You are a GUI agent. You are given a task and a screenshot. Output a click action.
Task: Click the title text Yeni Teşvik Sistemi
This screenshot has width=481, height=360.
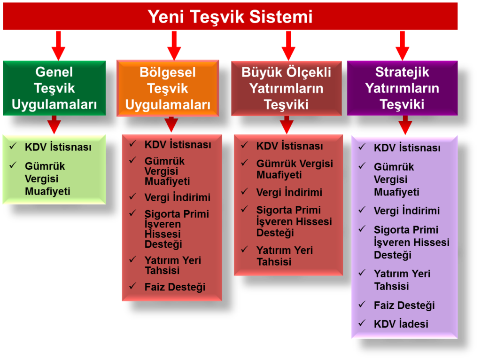tap(230, 16)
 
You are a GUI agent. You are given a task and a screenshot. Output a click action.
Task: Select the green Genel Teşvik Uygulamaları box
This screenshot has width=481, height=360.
tap(54, 88)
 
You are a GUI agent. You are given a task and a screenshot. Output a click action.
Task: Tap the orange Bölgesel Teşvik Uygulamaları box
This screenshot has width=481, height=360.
tap(168, 88)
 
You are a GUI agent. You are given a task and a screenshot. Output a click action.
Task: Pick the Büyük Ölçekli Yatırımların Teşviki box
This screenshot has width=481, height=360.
tap(286, 88)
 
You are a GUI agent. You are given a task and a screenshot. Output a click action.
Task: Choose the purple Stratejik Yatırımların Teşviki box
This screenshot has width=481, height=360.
tap(402, 88)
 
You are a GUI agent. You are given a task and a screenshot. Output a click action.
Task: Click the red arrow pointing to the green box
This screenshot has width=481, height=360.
tap(58, 46)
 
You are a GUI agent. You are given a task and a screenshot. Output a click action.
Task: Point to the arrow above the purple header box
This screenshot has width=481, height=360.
tap(402, 46)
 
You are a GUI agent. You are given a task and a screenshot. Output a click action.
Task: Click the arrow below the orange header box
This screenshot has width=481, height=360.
tap(171, 124)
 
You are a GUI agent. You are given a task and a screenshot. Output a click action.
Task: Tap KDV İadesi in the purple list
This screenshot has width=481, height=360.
tap(401, 324)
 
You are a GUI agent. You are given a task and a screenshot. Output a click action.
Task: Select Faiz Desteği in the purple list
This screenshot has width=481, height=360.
tap(404, 305)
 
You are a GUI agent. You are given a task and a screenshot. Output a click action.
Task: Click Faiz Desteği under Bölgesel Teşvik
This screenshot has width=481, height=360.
tap(175, 287)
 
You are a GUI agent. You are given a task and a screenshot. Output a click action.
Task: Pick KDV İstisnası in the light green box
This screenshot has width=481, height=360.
tap(58, 147)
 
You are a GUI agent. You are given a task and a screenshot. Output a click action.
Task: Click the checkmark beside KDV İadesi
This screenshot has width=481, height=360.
tap(362, 323)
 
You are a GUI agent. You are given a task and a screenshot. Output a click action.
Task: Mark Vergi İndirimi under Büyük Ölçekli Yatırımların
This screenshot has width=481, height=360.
tap(289, 192)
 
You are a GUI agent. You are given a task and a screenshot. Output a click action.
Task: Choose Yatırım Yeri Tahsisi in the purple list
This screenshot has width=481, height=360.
tap(402, 280)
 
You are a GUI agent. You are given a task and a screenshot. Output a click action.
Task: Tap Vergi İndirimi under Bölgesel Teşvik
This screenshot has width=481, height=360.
tap(177, 197)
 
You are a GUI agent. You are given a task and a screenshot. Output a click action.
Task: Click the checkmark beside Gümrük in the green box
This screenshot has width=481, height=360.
tap(13, 165)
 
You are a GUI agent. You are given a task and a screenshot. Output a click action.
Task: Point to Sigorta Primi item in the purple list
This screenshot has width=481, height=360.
tap(411, 243)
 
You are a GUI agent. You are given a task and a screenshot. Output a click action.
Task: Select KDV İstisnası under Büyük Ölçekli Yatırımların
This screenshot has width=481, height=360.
tap(289, 146)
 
